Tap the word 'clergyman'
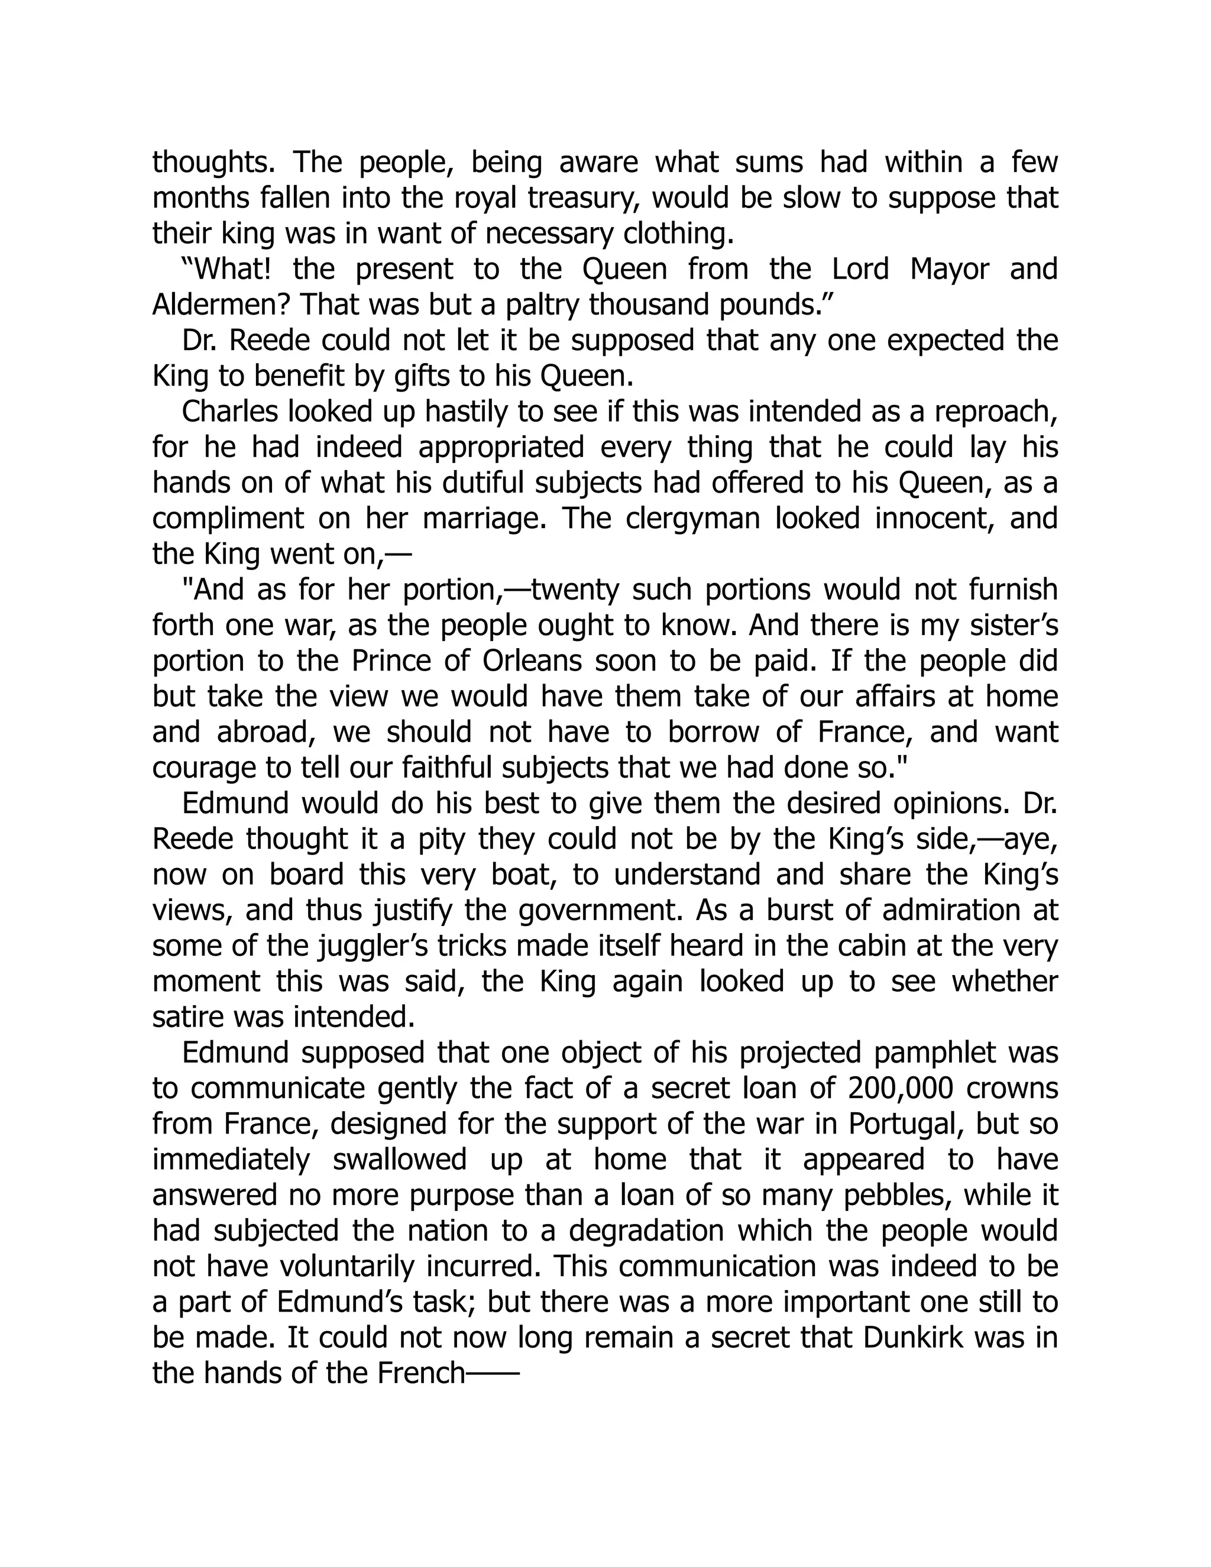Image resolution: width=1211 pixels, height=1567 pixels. [x=693, y=519]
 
